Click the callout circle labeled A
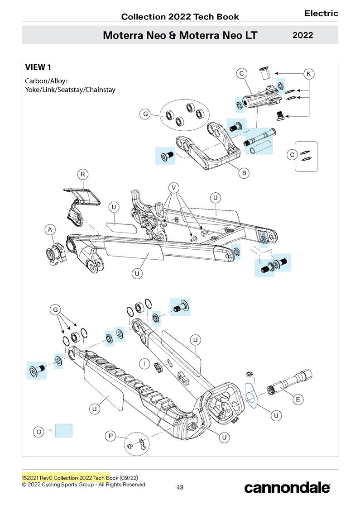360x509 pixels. click(50, 230)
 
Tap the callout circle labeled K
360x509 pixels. click(309, 73)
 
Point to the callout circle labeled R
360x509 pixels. click(82, 174)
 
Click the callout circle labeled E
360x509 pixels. click(298, 399)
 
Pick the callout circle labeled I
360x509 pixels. click(144, 363)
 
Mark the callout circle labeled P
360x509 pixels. click(110, 436)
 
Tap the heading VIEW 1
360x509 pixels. click(38, 68)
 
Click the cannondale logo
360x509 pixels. click(287, 488)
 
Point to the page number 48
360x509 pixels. click(180, 487)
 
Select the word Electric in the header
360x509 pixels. click(321, 14)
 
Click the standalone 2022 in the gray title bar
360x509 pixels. click(302, 35)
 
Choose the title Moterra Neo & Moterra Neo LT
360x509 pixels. click(180, 35)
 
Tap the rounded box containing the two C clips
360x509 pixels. click(306, 156)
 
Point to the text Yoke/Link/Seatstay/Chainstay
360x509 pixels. click(70, 90)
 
